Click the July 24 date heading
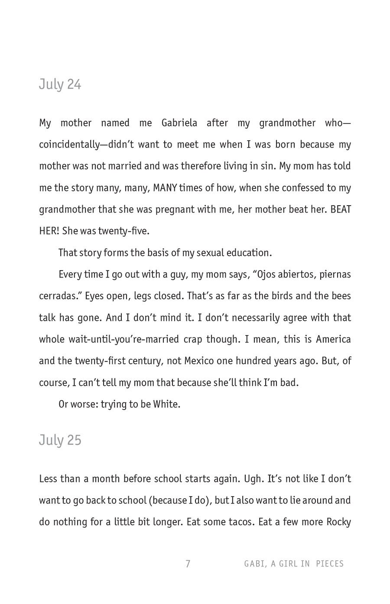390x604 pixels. pyautogui.click(x=60, y=84)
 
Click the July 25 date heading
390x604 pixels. pyautogui.click(x=60, y=440)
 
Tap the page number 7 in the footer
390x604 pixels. pyautogui.click(x=188, y=564)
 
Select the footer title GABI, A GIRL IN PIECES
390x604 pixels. pyautogui.click(x=294, y=564)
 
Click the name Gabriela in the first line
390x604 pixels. pyautogui.click(x=179, y=123)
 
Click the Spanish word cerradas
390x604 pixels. pyautogui.click(x=59, y=296)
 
